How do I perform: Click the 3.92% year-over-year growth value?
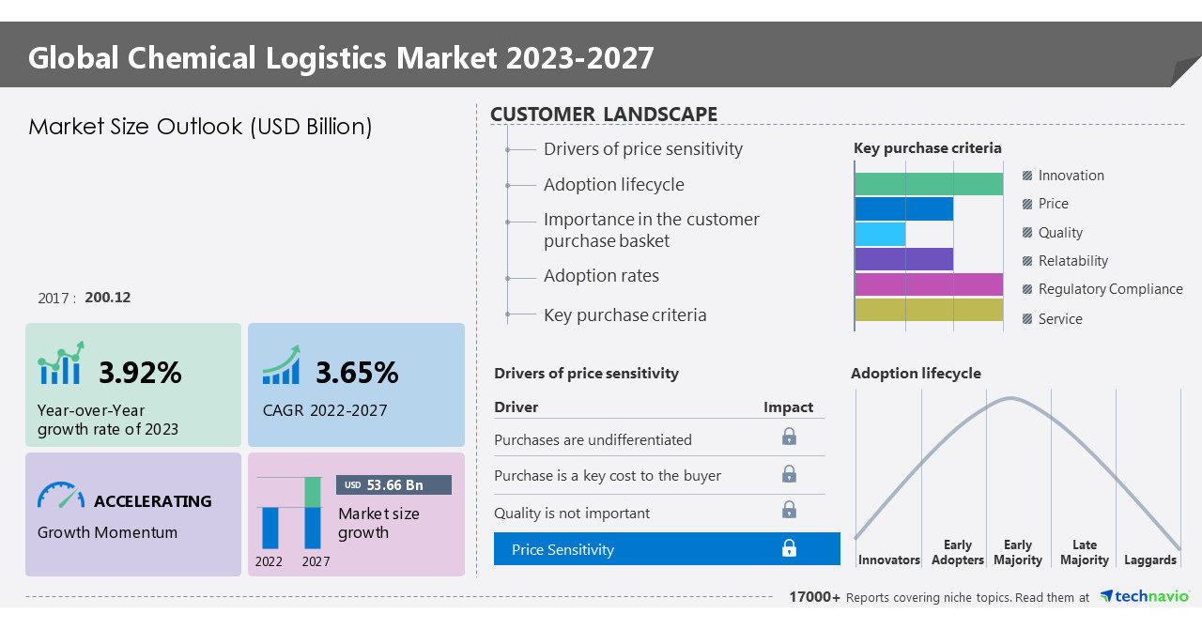click(x=140, y=373)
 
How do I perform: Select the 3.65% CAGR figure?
click(x=357, y=373)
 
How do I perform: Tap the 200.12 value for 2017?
click(x=107, y=298)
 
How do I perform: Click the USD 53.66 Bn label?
click(x=393, y=485)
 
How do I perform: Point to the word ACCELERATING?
click(x=152, y=501)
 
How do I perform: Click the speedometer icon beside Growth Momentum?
click(x=61, y=496)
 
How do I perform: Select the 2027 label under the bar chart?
click(x=316, y=561)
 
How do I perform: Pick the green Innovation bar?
click(x=928, y=184)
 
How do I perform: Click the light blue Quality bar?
click(x=880, y=234)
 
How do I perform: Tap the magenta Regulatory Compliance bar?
click(x=928, y=284)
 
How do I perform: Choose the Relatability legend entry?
click(x=1072, y=261)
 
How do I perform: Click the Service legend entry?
click(x=1059, y=319)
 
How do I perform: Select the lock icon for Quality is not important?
click(x=789, y=510)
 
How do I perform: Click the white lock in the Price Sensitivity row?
click(x=789, y=548)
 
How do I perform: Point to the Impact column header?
click(x=788, y=407)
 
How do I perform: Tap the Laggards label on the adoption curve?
click(x=1149, y=560)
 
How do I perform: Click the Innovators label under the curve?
click(x=888, y=560)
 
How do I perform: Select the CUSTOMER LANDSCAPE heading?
click(x=604, y=115)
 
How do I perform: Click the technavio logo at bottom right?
click(x=1144, y=596)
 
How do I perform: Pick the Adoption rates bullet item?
click(x=601, y=276)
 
